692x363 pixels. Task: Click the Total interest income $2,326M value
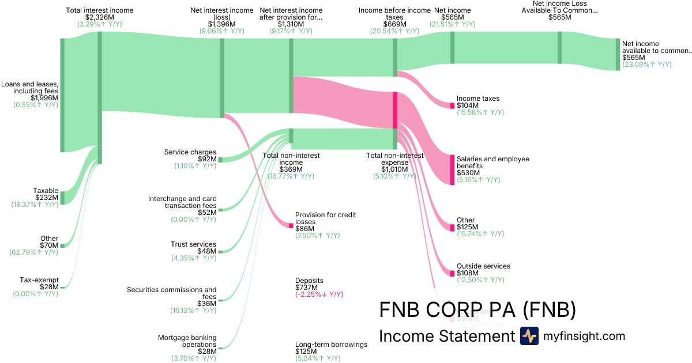(x=99, y=17)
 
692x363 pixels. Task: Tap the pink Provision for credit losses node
(x=291, y=225)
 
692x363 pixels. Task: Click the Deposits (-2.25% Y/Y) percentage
(x=319, y=294)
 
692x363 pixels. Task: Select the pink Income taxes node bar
(x=452, y=105)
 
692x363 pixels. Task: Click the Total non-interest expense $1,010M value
(x=394, y=169)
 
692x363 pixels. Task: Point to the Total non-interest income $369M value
(x=291, y=169)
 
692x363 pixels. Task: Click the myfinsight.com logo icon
(x=529, y=336)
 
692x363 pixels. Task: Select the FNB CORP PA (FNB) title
(x=477, y=309)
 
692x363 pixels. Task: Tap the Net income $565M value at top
(x=452, y=17)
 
